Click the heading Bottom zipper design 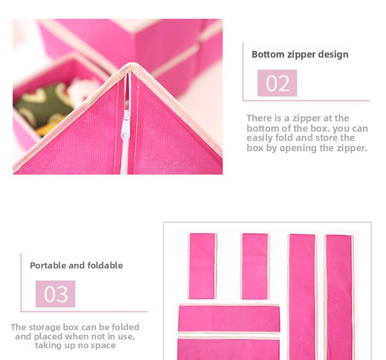pos(300,55)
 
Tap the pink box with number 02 pos(277,83)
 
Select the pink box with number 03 pos(56,294)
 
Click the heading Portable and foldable pos(76,265)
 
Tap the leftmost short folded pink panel pos(202,265)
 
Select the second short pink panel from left pos(255,265)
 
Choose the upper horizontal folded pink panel pos(229,318)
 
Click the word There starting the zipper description pos(259,118)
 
